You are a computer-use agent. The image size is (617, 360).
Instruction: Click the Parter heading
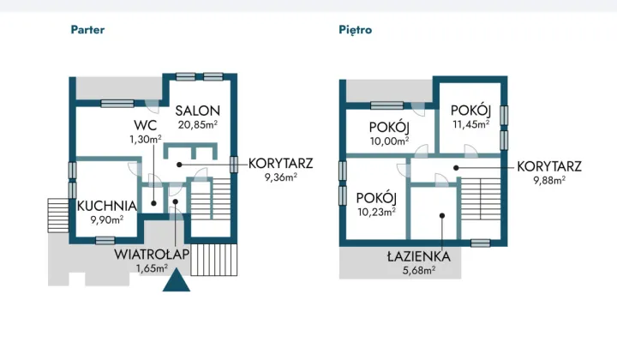pyautogui.click(x=87, y=30)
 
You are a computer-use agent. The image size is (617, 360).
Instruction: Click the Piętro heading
pyautogui.click(x=356, y=30)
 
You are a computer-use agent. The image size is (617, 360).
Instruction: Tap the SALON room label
pyautogui.click(x=198, y=111)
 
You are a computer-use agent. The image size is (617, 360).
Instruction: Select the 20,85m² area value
pyautogui.click(x=198, y=125)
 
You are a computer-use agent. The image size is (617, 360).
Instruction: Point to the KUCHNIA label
pyautogui.click(x=106, y=206)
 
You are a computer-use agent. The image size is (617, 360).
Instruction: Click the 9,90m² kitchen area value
pyautogui.click(x=107, y=219)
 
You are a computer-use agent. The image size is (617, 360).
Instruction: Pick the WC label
pyautogui.click(x=145, y=125)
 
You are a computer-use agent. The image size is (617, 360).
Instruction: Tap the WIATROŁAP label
pyautogui.click(x=152, y=255)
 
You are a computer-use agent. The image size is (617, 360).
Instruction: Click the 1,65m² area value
pyautogui.click(x=152, y=268)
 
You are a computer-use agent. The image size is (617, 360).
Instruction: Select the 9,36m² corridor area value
pyautogui.click(x=280, y=177)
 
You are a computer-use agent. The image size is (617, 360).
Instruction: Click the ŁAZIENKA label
pyautogui.click(x=419, y=256)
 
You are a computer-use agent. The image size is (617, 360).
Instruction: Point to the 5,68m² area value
pyautogui.click(x=419, y=270)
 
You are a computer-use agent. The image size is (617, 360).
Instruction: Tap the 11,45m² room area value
pyautogui.click(x=471, y=124)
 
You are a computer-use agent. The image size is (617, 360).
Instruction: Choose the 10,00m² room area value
pyautogui.click(x=389, y=141)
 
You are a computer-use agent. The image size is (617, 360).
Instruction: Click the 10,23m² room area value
pyautogui.click(x=376, y=212)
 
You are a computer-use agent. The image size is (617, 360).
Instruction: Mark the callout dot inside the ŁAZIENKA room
pyautogui.click(x=442, y=216)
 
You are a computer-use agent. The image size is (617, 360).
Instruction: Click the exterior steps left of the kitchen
pyautogui.click(x=58, y=215)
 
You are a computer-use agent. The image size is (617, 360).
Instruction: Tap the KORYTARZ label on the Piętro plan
pyautogui.click(x=549, y=166)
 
